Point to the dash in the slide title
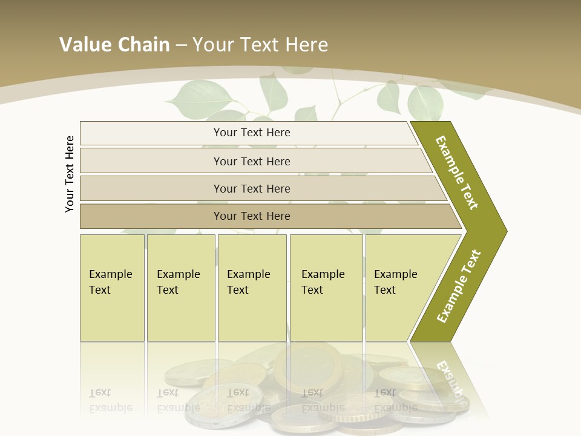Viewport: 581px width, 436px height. (181, 45)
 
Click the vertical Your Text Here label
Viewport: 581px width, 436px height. (70, 174)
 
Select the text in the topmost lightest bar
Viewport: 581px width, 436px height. (252, 133)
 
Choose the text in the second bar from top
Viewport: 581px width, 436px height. (252, 161)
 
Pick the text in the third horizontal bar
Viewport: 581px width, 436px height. (252, 188)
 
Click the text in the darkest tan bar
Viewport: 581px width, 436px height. (252, 216)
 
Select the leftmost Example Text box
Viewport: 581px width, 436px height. (112, 288)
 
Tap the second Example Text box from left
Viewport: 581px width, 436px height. (180, 288)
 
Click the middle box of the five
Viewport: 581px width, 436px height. (252, 288)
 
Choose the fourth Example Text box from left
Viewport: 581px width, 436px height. (326, 288)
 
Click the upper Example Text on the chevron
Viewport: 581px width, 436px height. (457, 172)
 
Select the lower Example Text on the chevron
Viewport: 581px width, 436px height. (459, 286)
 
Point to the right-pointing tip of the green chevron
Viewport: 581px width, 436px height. (505, 231)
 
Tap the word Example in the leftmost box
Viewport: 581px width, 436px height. (110, 274)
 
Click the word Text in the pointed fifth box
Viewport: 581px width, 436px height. (385, 290)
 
